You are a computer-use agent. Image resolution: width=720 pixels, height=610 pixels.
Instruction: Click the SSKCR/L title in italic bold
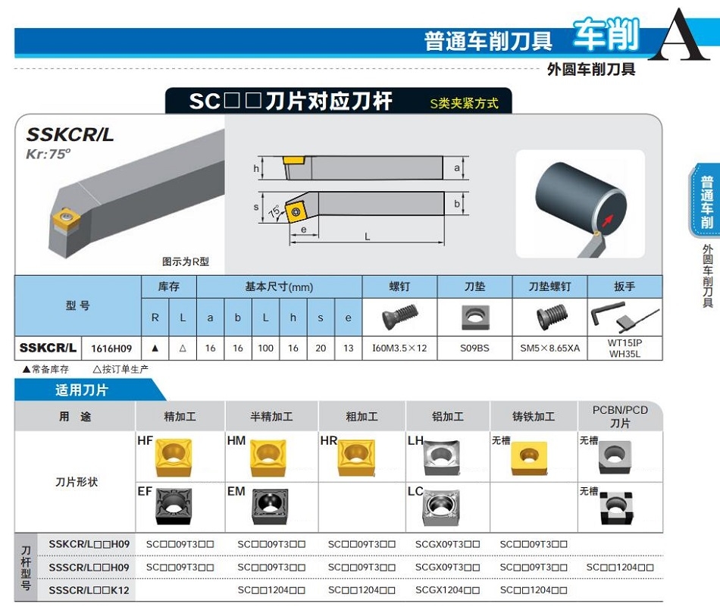(x=70, y=134)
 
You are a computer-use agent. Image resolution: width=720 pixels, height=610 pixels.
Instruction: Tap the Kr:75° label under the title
(x=49, y=154)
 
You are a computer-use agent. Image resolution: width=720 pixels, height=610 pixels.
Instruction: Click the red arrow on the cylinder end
(x=608, y=221)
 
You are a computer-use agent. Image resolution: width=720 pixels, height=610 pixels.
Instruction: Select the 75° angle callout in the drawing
(x=274, y=211)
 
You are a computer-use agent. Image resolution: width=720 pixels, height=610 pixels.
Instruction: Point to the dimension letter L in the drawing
(x=367, y=237)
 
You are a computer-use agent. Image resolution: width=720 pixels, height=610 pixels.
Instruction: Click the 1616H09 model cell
(x=111, y=349)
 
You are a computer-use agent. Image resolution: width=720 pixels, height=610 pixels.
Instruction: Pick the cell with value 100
(x=265, y=349)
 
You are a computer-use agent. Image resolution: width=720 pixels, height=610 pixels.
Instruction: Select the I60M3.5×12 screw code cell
(x=399, y=349)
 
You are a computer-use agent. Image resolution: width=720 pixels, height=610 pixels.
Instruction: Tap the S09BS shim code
(x=474, y=349)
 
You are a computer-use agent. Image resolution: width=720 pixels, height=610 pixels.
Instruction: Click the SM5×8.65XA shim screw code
(x=549, y=349)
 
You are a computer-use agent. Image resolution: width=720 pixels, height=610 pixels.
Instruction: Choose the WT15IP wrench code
(x=625, y=343)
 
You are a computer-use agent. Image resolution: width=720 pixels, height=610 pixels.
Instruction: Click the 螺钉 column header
(x=399, y=286)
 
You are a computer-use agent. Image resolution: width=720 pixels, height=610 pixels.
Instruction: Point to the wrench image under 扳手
(x=625, y=317)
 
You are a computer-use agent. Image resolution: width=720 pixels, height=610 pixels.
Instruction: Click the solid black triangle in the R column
(x=155, y=349)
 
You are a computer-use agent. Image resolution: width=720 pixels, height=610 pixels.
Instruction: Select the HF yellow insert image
(x=173, y=457)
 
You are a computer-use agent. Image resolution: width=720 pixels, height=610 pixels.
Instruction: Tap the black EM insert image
(x=270, y=507)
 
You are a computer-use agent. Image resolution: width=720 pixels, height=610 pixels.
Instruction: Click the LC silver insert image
(x=441, y=508)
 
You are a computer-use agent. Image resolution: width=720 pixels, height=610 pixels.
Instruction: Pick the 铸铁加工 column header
(x=534, y=417)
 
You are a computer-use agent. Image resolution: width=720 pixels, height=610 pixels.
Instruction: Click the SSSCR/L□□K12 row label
(x=89, y=590)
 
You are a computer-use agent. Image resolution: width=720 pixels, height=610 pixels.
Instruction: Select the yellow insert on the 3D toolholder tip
(x=65, y=220)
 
